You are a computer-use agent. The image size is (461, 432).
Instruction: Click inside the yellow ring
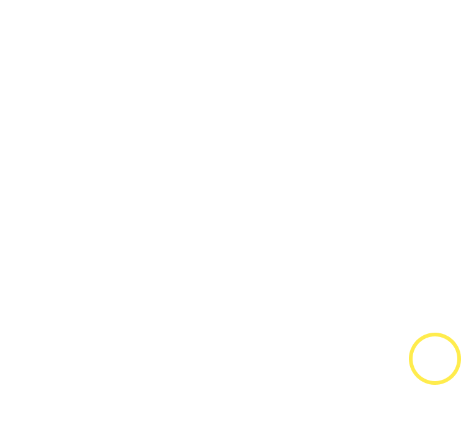click(x=435, y=359)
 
